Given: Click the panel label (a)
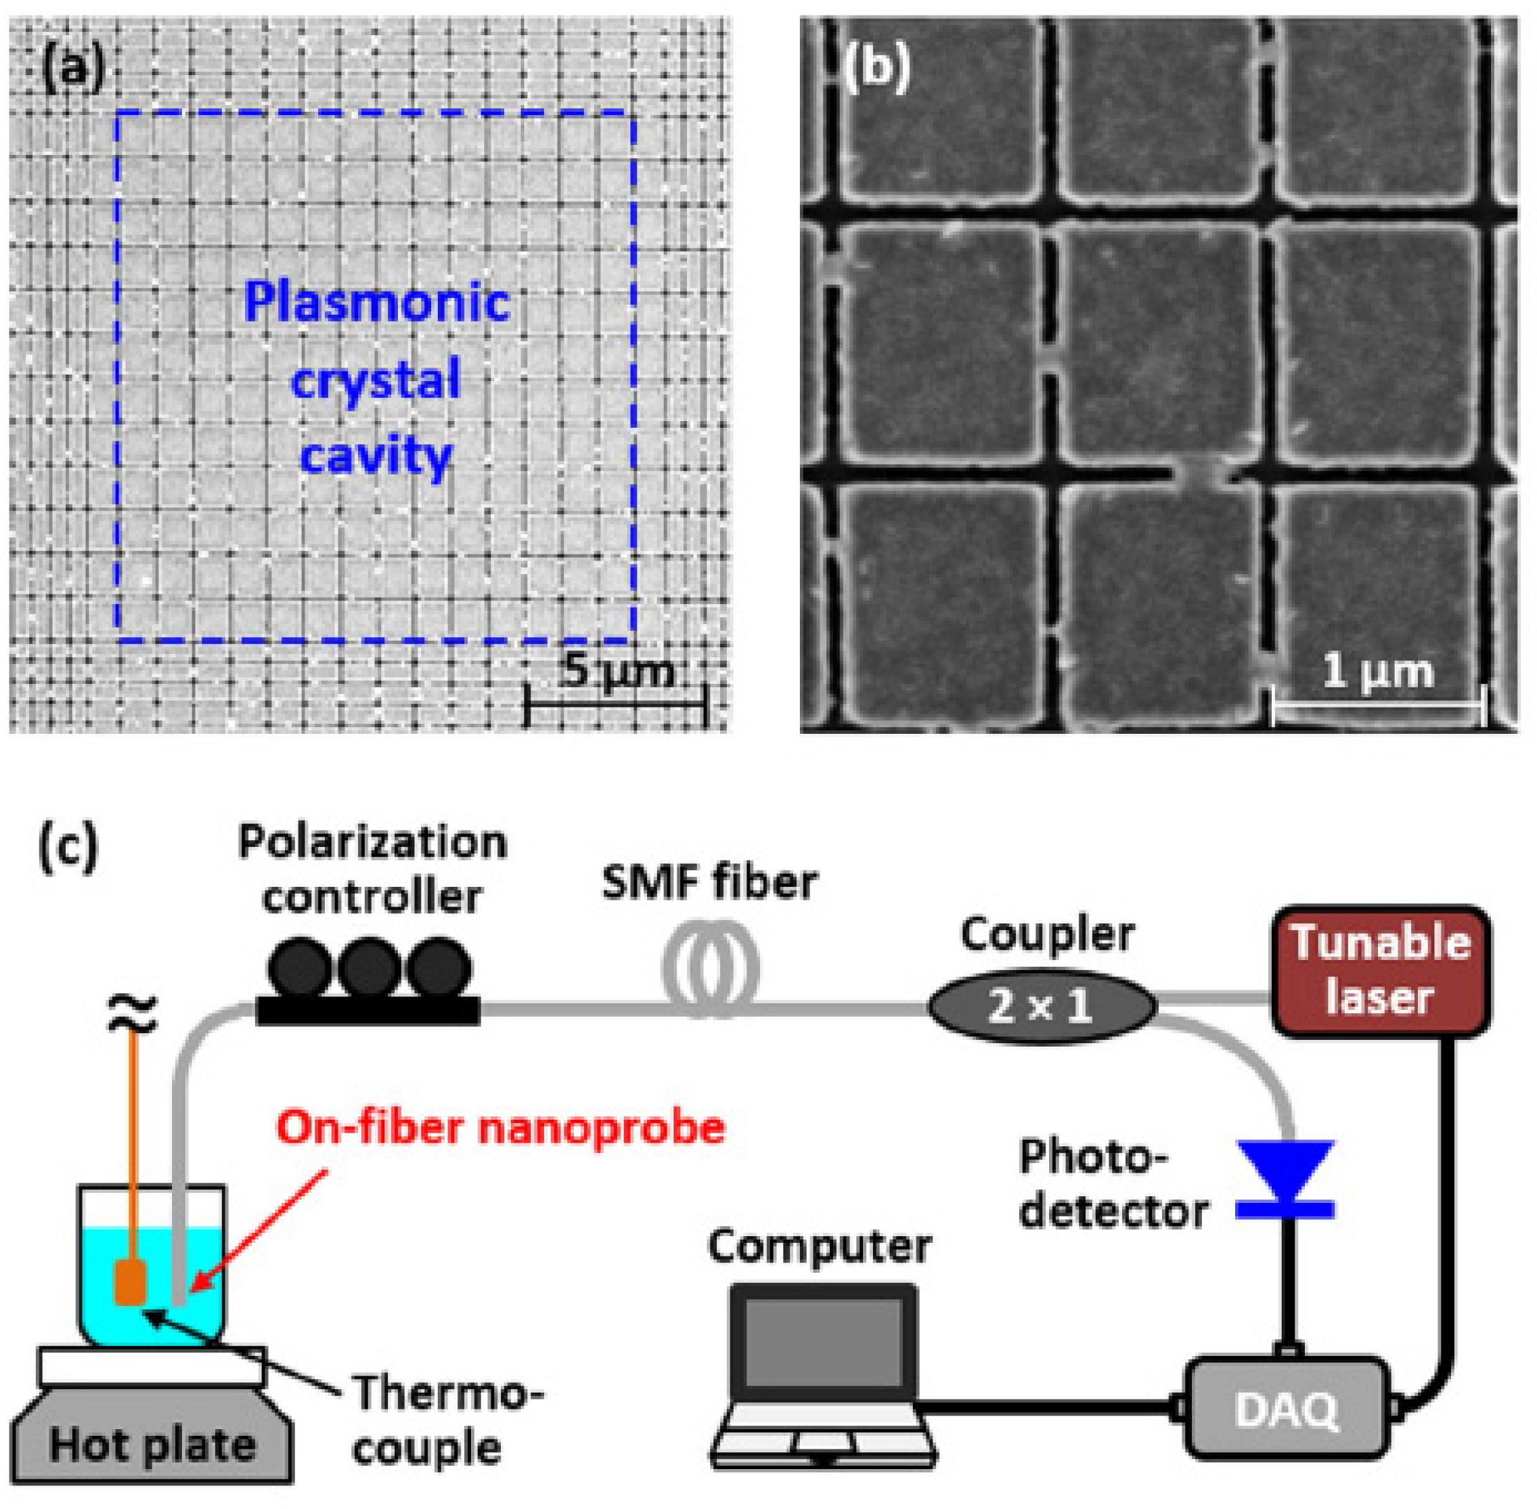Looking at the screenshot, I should click(x=73, y=70).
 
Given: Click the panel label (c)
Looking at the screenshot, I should click(x=68, y=846).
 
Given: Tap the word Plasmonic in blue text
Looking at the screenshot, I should click(x=376, y=303).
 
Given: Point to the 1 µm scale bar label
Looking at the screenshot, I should click(x=1378, y=672).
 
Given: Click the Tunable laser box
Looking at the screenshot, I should click(x=1380, y=971).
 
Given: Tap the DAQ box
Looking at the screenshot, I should click(x=1286, y=1408).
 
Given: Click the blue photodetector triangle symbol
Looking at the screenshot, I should click(x=1285, y=1168).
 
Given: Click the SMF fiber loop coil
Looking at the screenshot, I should click(x=711, y=969).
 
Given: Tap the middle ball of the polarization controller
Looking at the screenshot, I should click(x=370, y=969).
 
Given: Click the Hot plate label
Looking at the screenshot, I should click(x=152, y=1445).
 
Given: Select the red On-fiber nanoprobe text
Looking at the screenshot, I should click(x=501, y=1128).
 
